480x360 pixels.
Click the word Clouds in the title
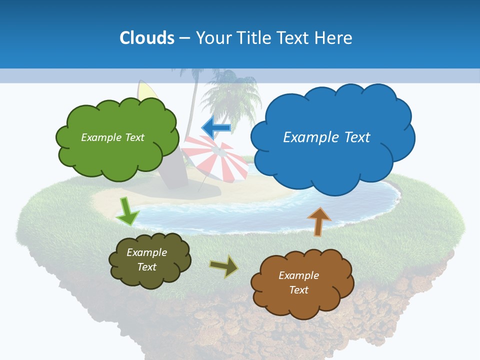147,38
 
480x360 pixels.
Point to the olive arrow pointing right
224,266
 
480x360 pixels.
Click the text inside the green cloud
112,137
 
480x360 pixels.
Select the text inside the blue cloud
326,137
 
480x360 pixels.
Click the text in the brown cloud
298,282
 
